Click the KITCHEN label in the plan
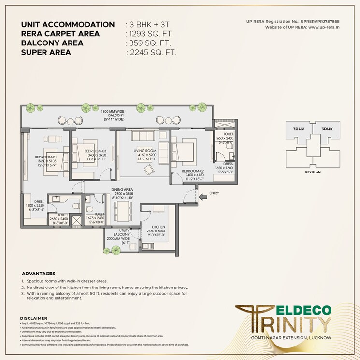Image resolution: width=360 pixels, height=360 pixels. tap(158, 227)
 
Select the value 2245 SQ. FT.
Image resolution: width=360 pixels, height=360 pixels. tap(152, 52)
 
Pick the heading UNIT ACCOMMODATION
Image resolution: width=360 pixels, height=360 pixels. tap(68, 25)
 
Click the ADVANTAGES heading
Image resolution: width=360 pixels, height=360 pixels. tap(39, 274)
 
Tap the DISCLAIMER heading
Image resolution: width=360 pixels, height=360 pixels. tap(34, 318)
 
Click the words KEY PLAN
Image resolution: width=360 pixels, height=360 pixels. tap(310, 172)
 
